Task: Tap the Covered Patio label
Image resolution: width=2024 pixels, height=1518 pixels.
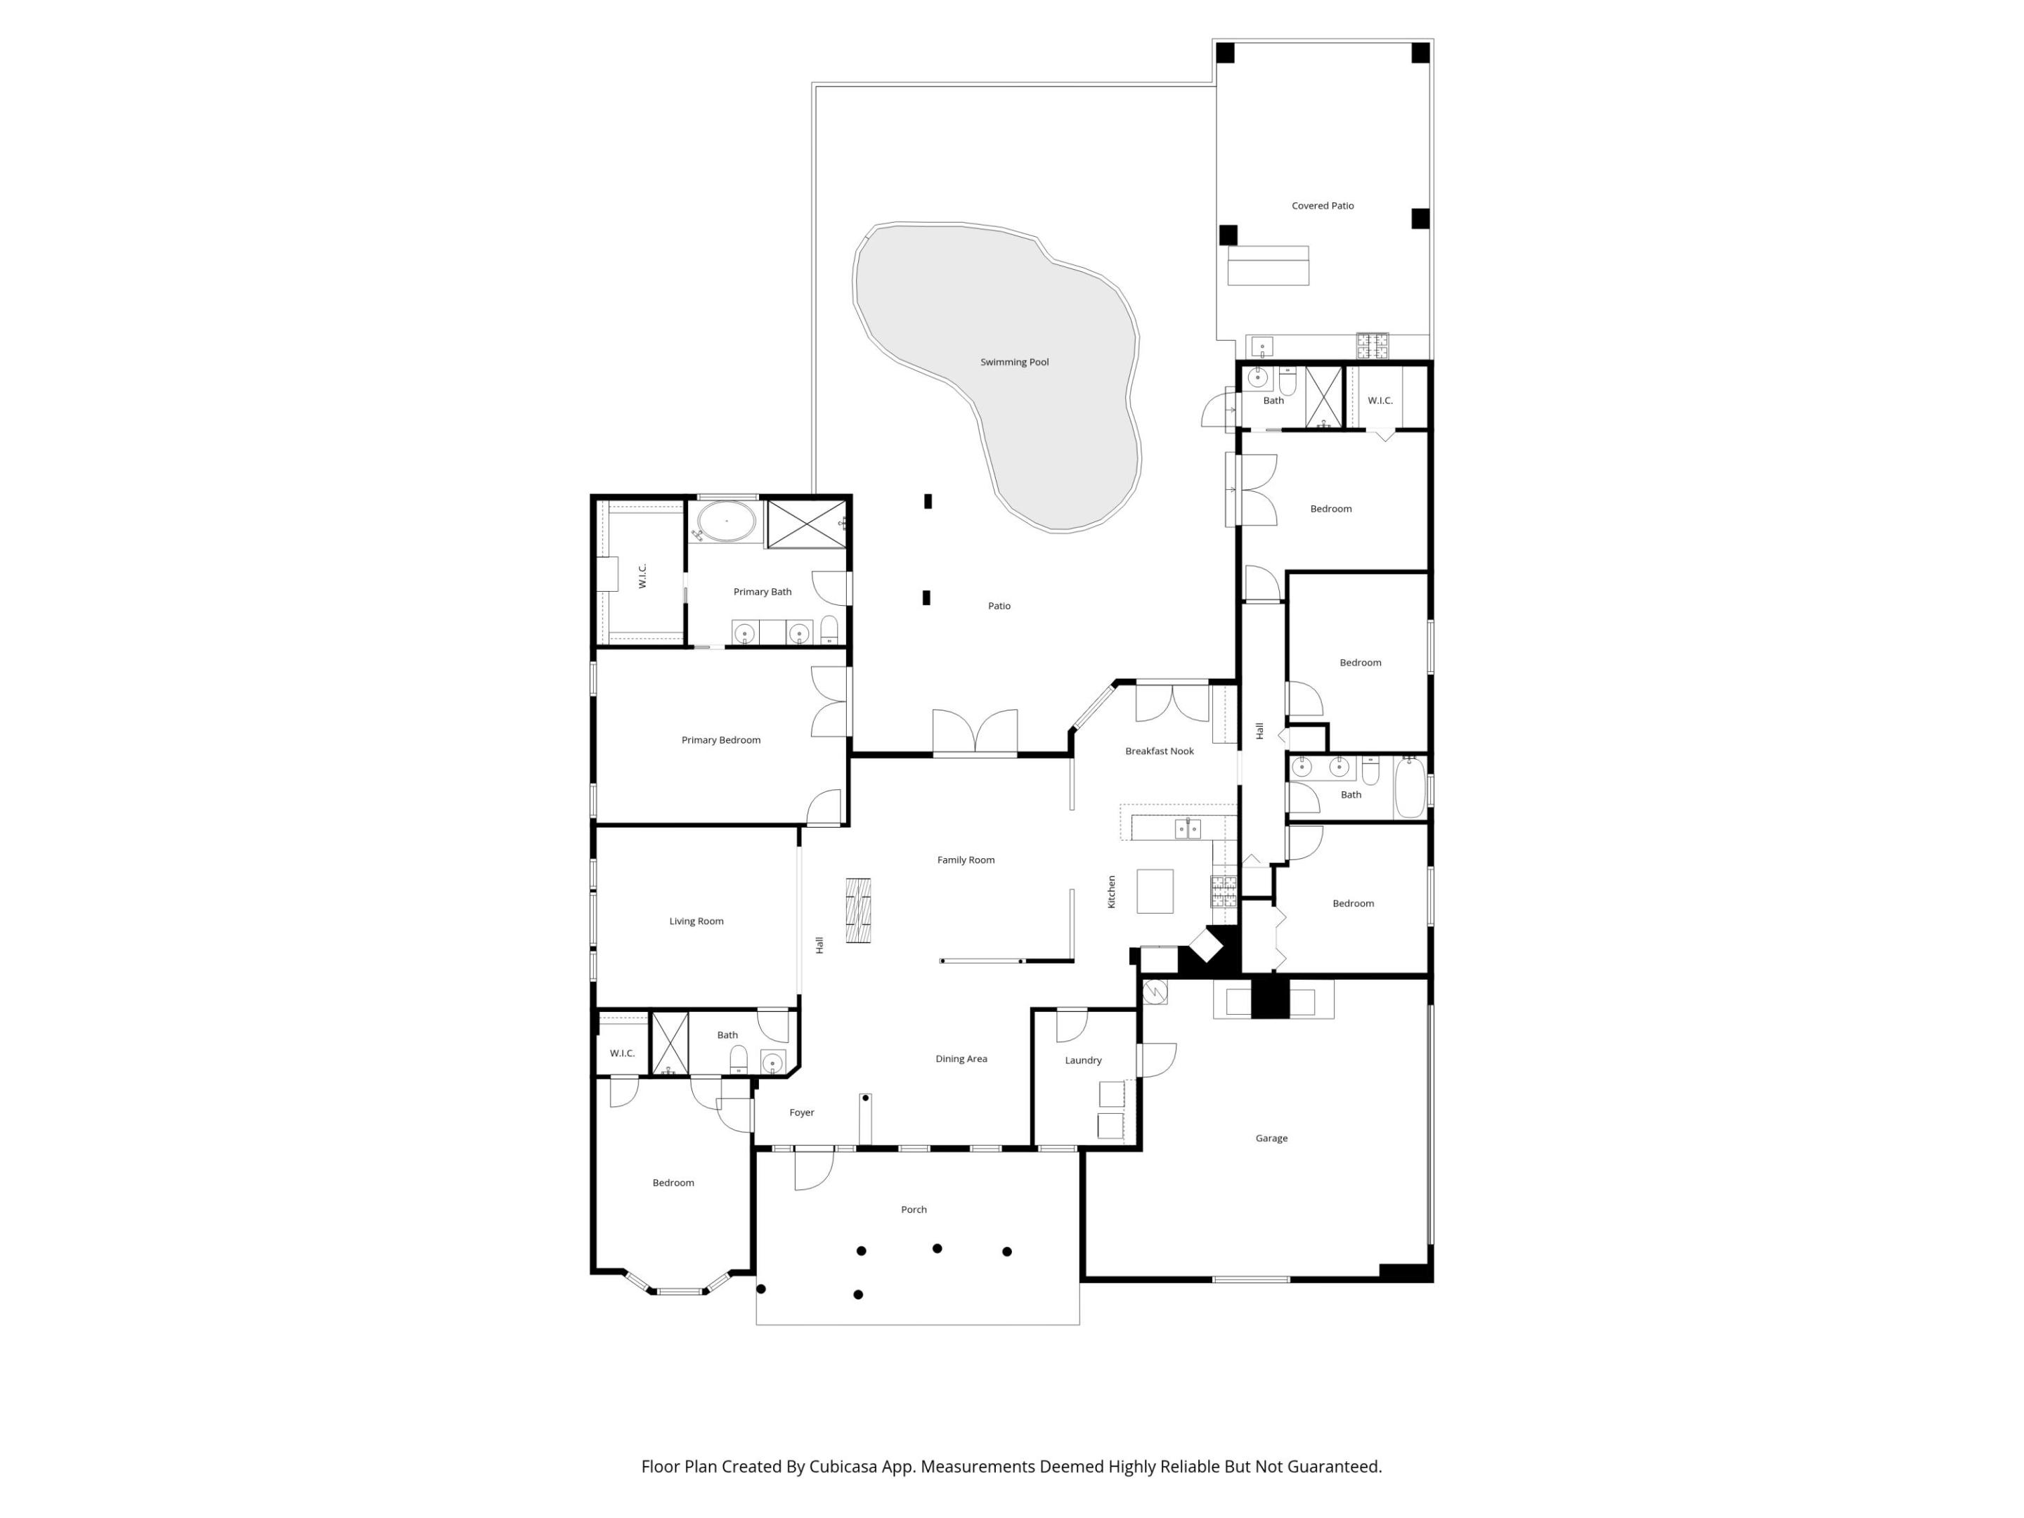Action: tap(1322, 206)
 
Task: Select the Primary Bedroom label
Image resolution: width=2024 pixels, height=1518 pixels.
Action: tap(721, 740)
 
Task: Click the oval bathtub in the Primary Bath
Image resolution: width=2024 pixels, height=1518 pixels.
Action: tap(727, 521)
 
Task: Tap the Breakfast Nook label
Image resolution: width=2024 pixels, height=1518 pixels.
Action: tap(1160, 751)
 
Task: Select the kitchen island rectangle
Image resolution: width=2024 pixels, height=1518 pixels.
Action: tap(1155, 891)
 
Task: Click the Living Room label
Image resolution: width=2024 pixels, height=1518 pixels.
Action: tap(696, 921)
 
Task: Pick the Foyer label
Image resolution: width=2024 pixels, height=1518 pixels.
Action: tap(802, 1112)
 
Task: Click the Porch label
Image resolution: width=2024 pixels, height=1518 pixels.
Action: tap(913, 1209)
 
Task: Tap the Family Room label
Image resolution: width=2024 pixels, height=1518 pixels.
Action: tap(966, 860)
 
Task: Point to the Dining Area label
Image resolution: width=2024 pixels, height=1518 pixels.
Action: tap(961, 1058)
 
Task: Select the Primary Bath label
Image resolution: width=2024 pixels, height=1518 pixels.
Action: tap(763, 592)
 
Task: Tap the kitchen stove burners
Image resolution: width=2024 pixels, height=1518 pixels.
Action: tap(1224, 891)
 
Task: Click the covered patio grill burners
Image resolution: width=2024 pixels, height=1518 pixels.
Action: tap(1372, 346)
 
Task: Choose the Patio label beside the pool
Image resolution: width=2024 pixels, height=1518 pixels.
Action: tap(999, 606)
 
